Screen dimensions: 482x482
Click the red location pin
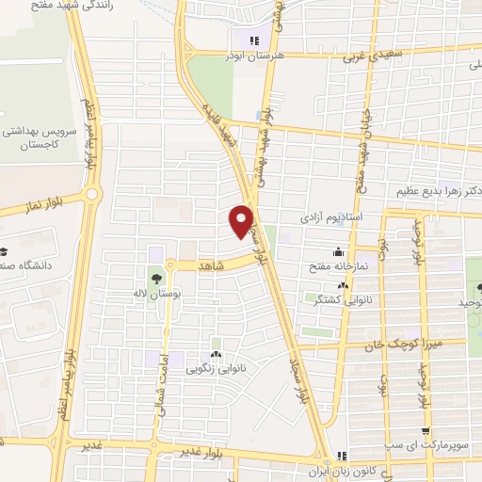click(x=243, y=220)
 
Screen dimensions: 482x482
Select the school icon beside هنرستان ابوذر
click(x=252, y=40)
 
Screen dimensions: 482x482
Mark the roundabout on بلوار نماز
click(x=91, y=195)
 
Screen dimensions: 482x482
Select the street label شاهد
click(x=211, y=265)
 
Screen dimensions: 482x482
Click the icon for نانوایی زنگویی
click(x=217, y=354)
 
